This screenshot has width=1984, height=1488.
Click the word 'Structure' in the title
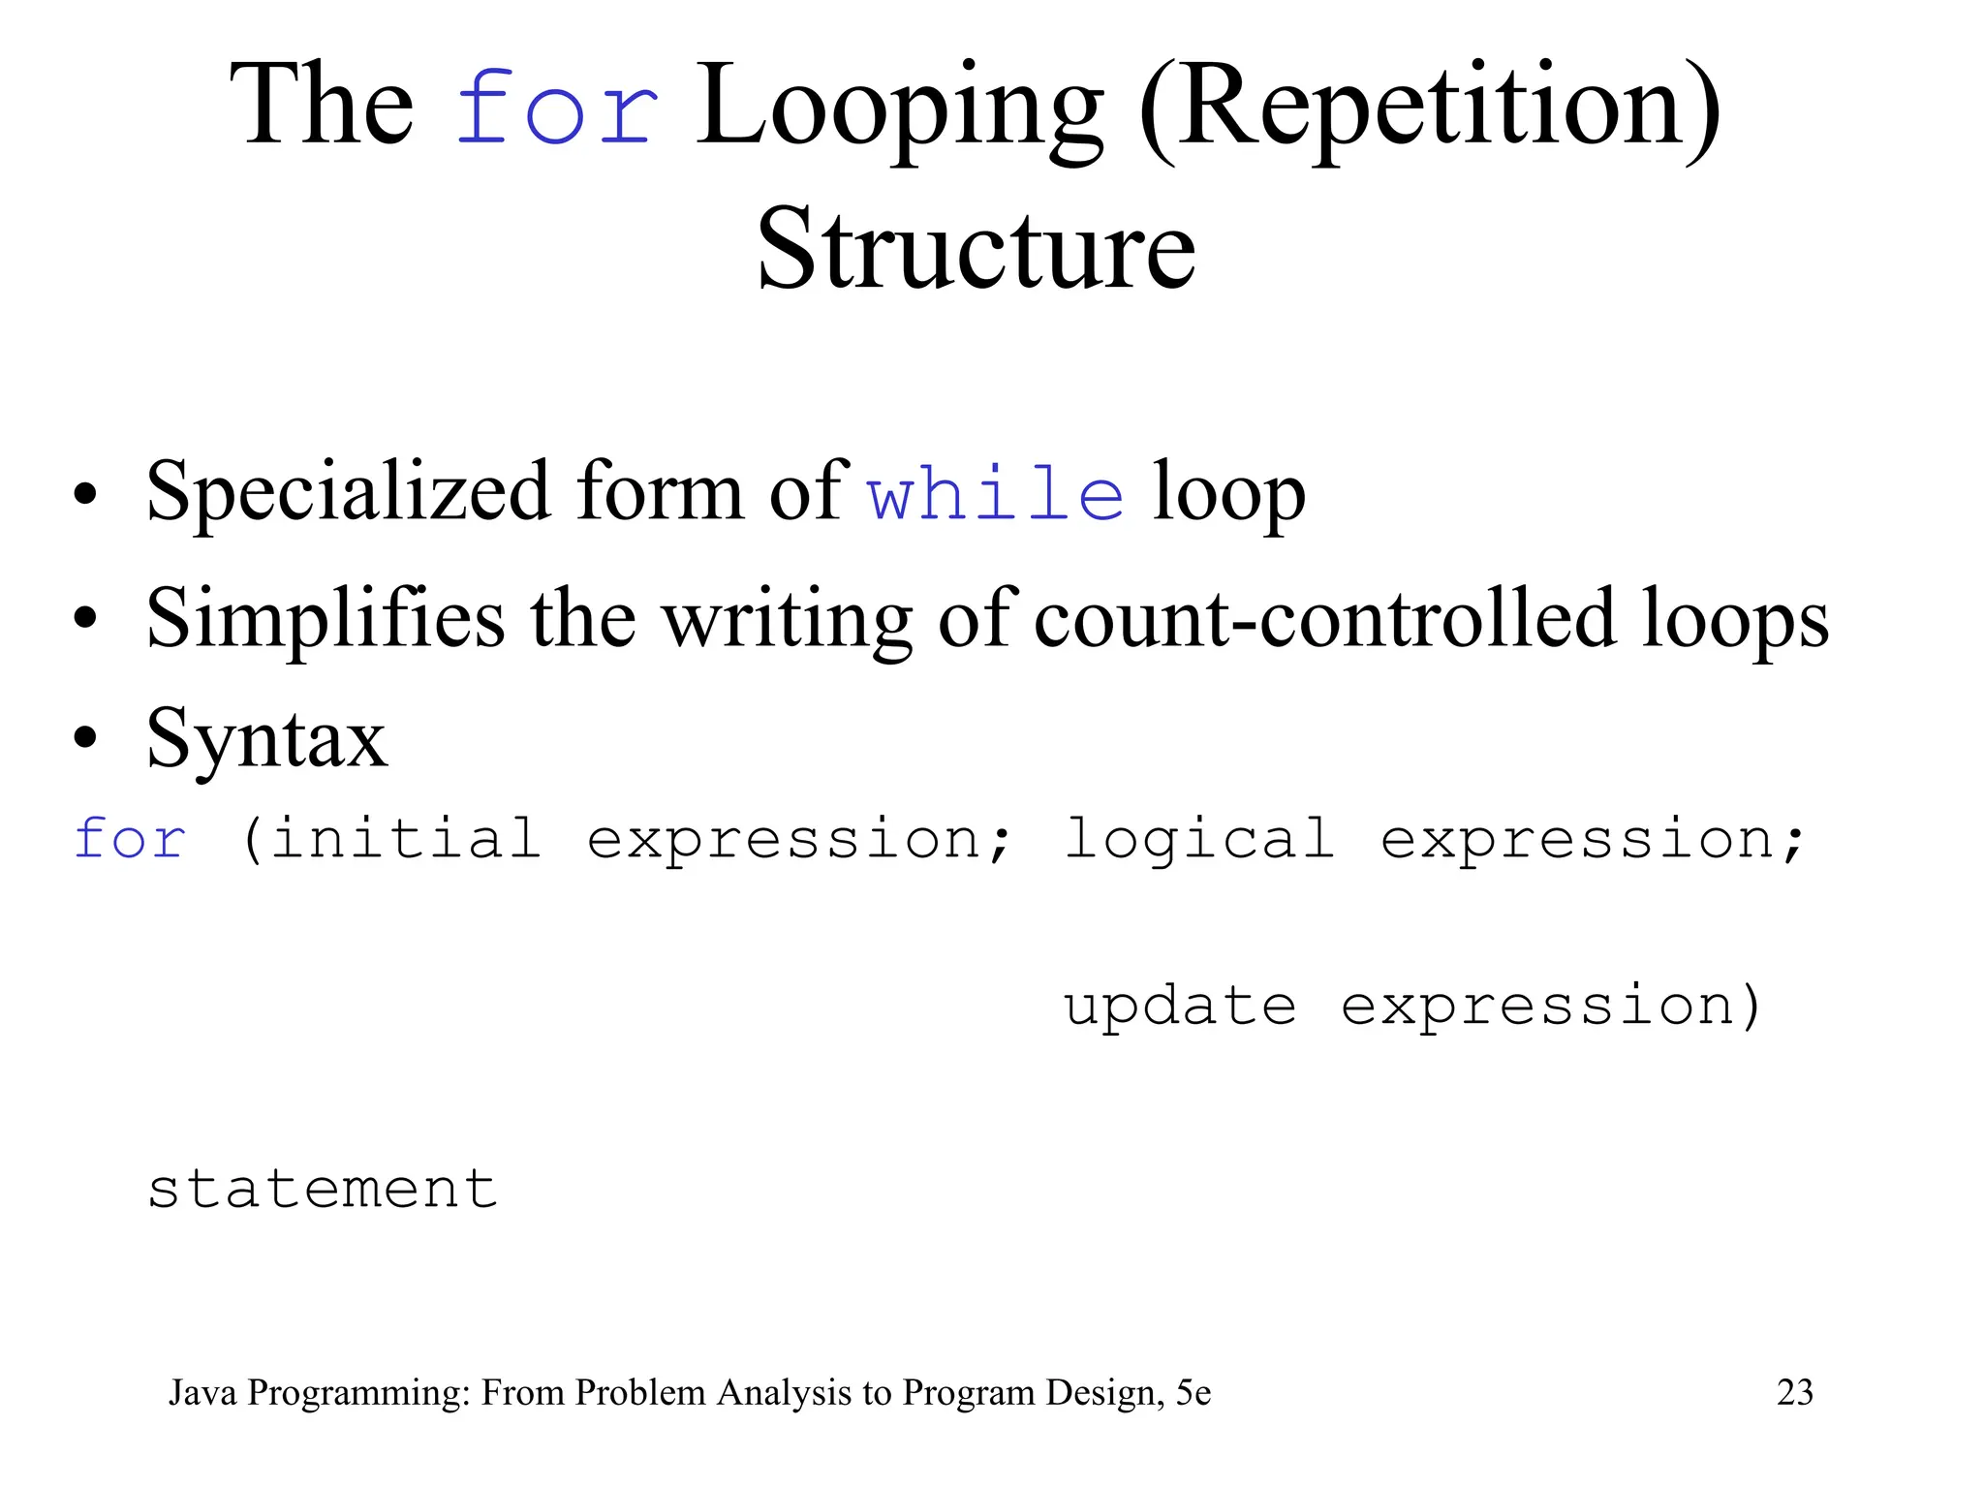tap(976, 250)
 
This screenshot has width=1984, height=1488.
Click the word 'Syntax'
tap(266, 738)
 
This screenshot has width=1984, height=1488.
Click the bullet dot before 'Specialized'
tap(85, 494)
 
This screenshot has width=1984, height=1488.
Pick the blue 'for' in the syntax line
tap(130, 839)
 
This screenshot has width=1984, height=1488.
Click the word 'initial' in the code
tap(405, 839)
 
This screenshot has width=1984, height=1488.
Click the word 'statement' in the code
tap(323, 1190)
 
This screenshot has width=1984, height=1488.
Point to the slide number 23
tap(1794, 1392)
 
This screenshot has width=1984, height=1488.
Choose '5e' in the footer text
tap(1193, 1393)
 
